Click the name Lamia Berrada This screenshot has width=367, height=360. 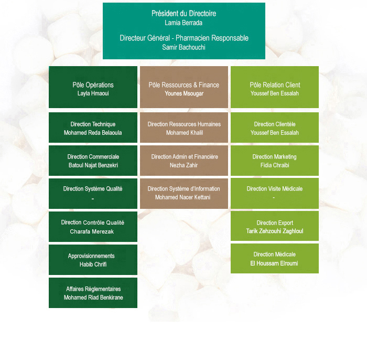tap(183, 23)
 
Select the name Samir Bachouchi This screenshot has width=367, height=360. tap(183, 47)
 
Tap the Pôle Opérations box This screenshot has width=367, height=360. tap(93, 87)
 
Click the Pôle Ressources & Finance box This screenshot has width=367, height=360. tap(184, 87)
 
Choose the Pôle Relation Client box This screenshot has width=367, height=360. tap(275, 87)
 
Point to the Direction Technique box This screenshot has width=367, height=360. tap(93, 128)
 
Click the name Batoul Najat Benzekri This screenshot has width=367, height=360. tap(93, 165)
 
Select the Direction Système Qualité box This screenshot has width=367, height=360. tap(93, 194)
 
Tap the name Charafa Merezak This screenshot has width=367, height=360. tap(92, 231)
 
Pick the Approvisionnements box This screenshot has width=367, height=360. tap(93, 260)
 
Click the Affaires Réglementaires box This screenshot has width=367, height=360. tap(93, 293)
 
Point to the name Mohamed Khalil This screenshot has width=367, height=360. tap(185, 133)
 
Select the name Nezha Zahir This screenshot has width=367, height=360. tap(183, 165)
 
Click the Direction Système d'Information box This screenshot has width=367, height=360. tap(184, 194)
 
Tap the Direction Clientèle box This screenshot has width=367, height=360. tap(275, 128)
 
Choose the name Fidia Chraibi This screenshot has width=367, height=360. tap(275, 165)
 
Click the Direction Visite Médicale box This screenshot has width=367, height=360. tap(275, 194)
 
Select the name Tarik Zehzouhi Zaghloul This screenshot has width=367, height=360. tap(275, 231)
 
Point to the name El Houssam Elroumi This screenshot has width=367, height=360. tap(274, 263)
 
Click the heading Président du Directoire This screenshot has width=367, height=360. tap(183, 13)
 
